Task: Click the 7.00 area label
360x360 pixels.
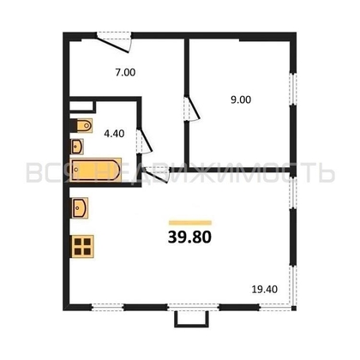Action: tap(125, 73)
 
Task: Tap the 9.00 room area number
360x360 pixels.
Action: tap(241, 99)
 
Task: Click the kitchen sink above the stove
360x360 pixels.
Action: tap(82, 208)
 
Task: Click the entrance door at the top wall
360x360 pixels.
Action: tap(115, 38)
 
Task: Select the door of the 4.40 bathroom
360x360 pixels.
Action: tap(147, 137)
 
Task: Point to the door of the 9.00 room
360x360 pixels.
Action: tap(192, 111)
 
